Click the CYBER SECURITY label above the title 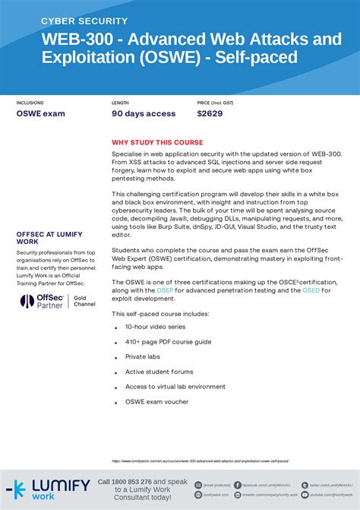(x=84, y=21)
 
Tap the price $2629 (x=210, y=114)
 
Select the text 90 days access (x=144, y=114)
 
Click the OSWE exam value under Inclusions (x=41, y=114)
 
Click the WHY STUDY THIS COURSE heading (x=157, y=142)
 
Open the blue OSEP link (x=166, y=290)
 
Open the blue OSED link (x=311, y=290)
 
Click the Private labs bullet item (x=144, y=356)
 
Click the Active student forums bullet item (x=159, y=371)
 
